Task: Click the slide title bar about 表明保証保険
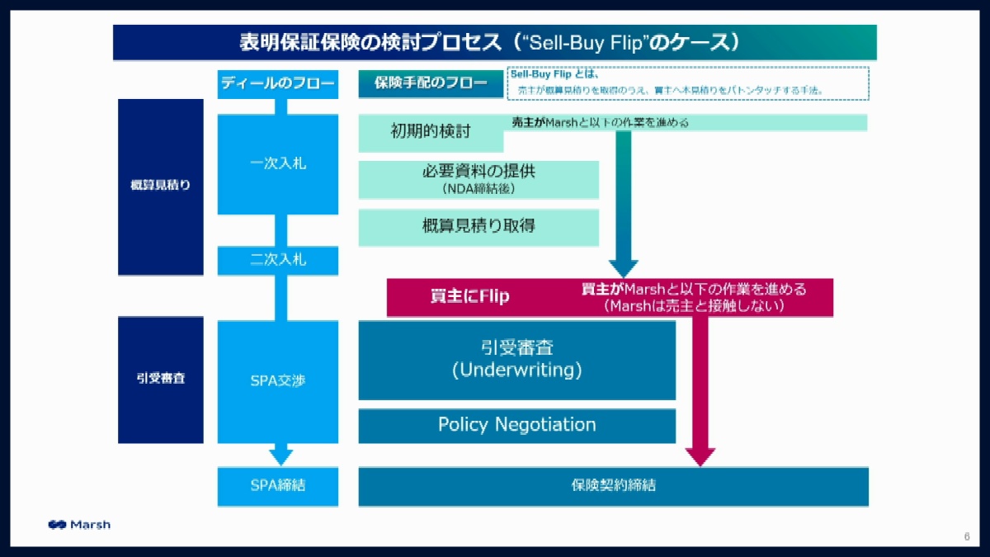click(x=494, y=42)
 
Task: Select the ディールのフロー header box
click(x=278, y=83)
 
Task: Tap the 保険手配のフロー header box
click(x=431, y=83)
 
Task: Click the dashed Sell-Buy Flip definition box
click(x=687, y=83)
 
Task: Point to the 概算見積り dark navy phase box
click(x=161, y=186)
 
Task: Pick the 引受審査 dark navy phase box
click(x=161, y=380)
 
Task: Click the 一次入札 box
click(x=278, y=164)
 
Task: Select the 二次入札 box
click(x=278, y=260)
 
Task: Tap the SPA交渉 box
click(x=278, y=381)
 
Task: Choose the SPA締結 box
click(x=278, y=486)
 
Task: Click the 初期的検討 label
click(x=431, y=131)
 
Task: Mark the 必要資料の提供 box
click(x=478, y=179)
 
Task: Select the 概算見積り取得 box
click(x=478, y=227)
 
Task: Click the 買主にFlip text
click(x=470, y=297)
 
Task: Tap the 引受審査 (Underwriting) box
click(x=516, y=360)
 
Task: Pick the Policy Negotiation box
click(x=516, y=426)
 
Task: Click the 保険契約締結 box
click(x=613, y=486)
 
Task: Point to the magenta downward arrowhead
click(x=700, y=456)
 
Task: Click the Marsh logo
click(x=79, y=525)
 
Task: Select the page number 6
click(x=966, y=537)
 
